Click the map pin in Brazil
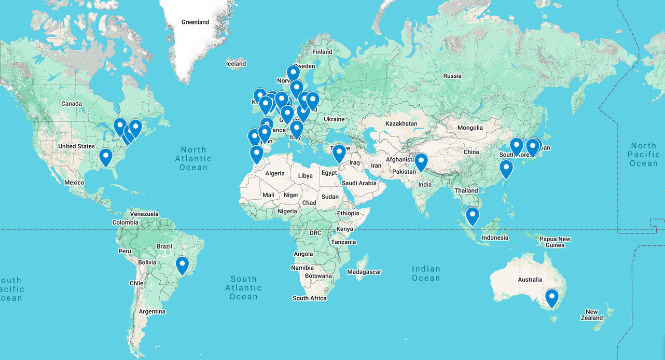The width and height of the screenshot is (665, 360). pos(182,264)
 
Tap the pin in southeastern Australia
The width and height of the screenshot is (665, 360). pos(551,297)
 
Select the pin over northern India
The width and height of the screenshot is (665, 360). pos(420,161)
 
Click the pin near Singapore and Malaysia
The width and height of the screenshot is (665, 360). pos(472,215)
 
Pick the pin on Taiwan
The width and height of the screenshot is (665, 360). pos(506,168)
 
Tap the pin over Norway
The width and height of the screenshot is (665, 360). pos(293,72)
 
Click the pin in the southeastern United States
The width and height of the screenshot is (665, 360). pos(106,156)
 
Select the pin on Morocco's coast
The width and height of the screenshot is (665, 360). pos(256,153)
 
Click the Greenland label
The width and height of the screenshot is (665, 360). pos(195,22)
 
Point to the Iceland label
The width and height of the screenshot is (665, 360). pos(236,64)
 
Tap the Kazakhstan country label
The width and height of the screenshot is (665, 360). pos(401,124)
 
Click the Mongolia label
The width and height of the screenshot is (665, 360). pos(470,128)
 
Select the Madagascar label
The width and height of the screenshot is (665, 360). pos(364,272)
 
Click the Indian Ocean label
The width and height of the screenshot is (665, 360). pos(426,273)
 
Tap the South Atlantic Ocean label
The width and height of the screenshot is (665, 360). pos(243,288)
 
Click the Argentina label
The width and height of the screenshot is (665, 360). pos(152,311)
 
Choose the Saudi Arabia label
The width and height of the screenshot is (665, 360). pos(359,183)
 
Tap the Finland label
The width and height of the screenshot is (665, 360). pos(322,52)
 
